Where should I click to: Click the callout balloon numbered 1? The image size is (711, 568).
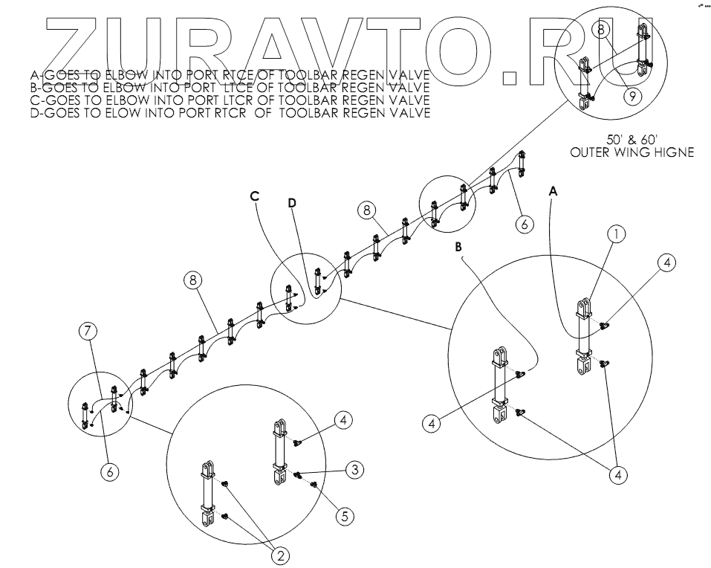click(x=616, y=234)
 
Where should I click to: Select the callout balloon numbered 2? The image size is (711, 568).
click(x=282, y=555)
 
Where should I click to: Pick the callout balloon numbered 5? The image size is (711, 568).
click(x=342, y=515)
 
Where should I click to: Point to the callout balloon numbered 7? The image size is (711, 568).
click(x=89, y=330)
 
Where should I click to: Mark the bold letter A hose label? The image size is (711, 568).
click(x=552, y=191)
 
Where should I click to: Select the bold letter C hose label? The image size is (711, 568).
click(x=254, y=196)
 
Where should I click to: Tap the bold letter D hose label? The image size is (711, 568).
click(x=292, y=202)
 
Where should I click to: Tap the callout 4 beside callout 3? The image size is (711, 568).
click(x=342, y=421)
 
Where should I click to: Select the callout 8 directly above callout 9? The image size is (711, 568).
click(x=603, y=28)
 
